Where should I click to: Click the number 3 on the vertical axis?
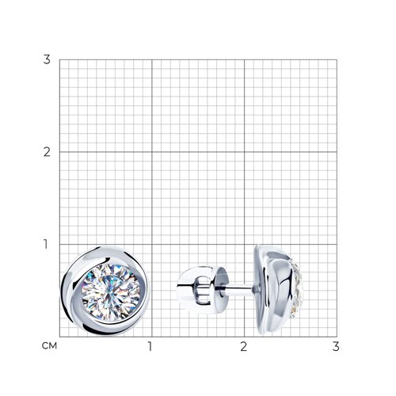47,59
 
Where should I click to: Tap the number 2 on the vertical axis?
47,152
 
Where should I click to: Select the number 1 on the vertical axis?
46,244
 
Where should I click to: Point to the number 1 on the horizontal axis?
150,347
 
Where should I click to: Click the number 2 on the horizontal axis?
243,347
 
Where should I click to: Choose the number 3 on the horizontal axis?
336,347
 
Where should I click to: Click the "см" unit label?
49,346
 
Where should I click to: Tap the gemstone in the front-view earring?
111,292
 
